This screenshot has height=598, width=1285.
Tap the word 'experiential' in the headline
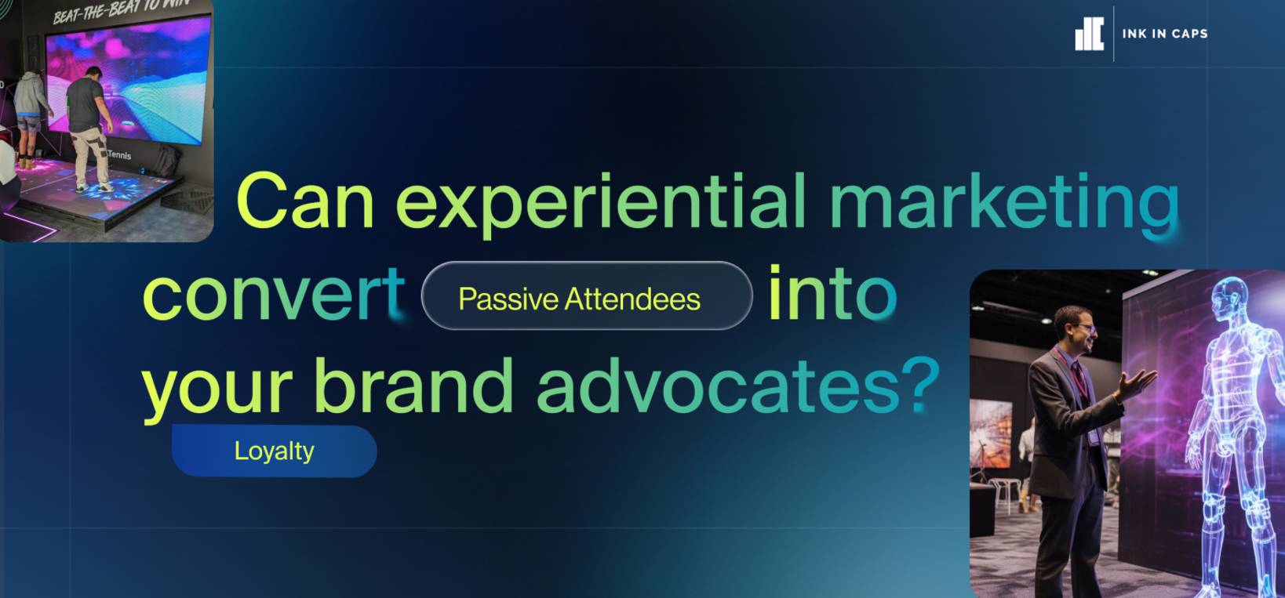[601, 204]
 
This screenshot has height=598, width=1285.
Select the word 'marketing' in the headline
[1005, 205]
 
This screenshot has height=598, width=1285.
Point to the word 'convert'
[274, 295]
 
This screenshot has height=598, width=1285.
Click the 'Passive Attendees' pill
[587, 295]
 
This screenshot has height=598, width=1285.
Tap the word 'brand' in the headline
[413, 384]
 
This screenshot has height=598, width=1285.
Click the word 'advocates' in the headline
[719, 384]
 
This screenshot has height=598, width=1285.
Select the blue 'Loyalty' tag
[275, 451]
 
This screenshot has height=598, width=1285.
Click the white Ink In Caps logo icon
[1089, 34]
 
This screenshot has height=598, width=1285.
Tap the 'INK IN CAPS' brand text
[1164, 34]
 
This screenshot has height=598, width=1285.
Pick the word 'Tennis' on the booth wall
[119, 154]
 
